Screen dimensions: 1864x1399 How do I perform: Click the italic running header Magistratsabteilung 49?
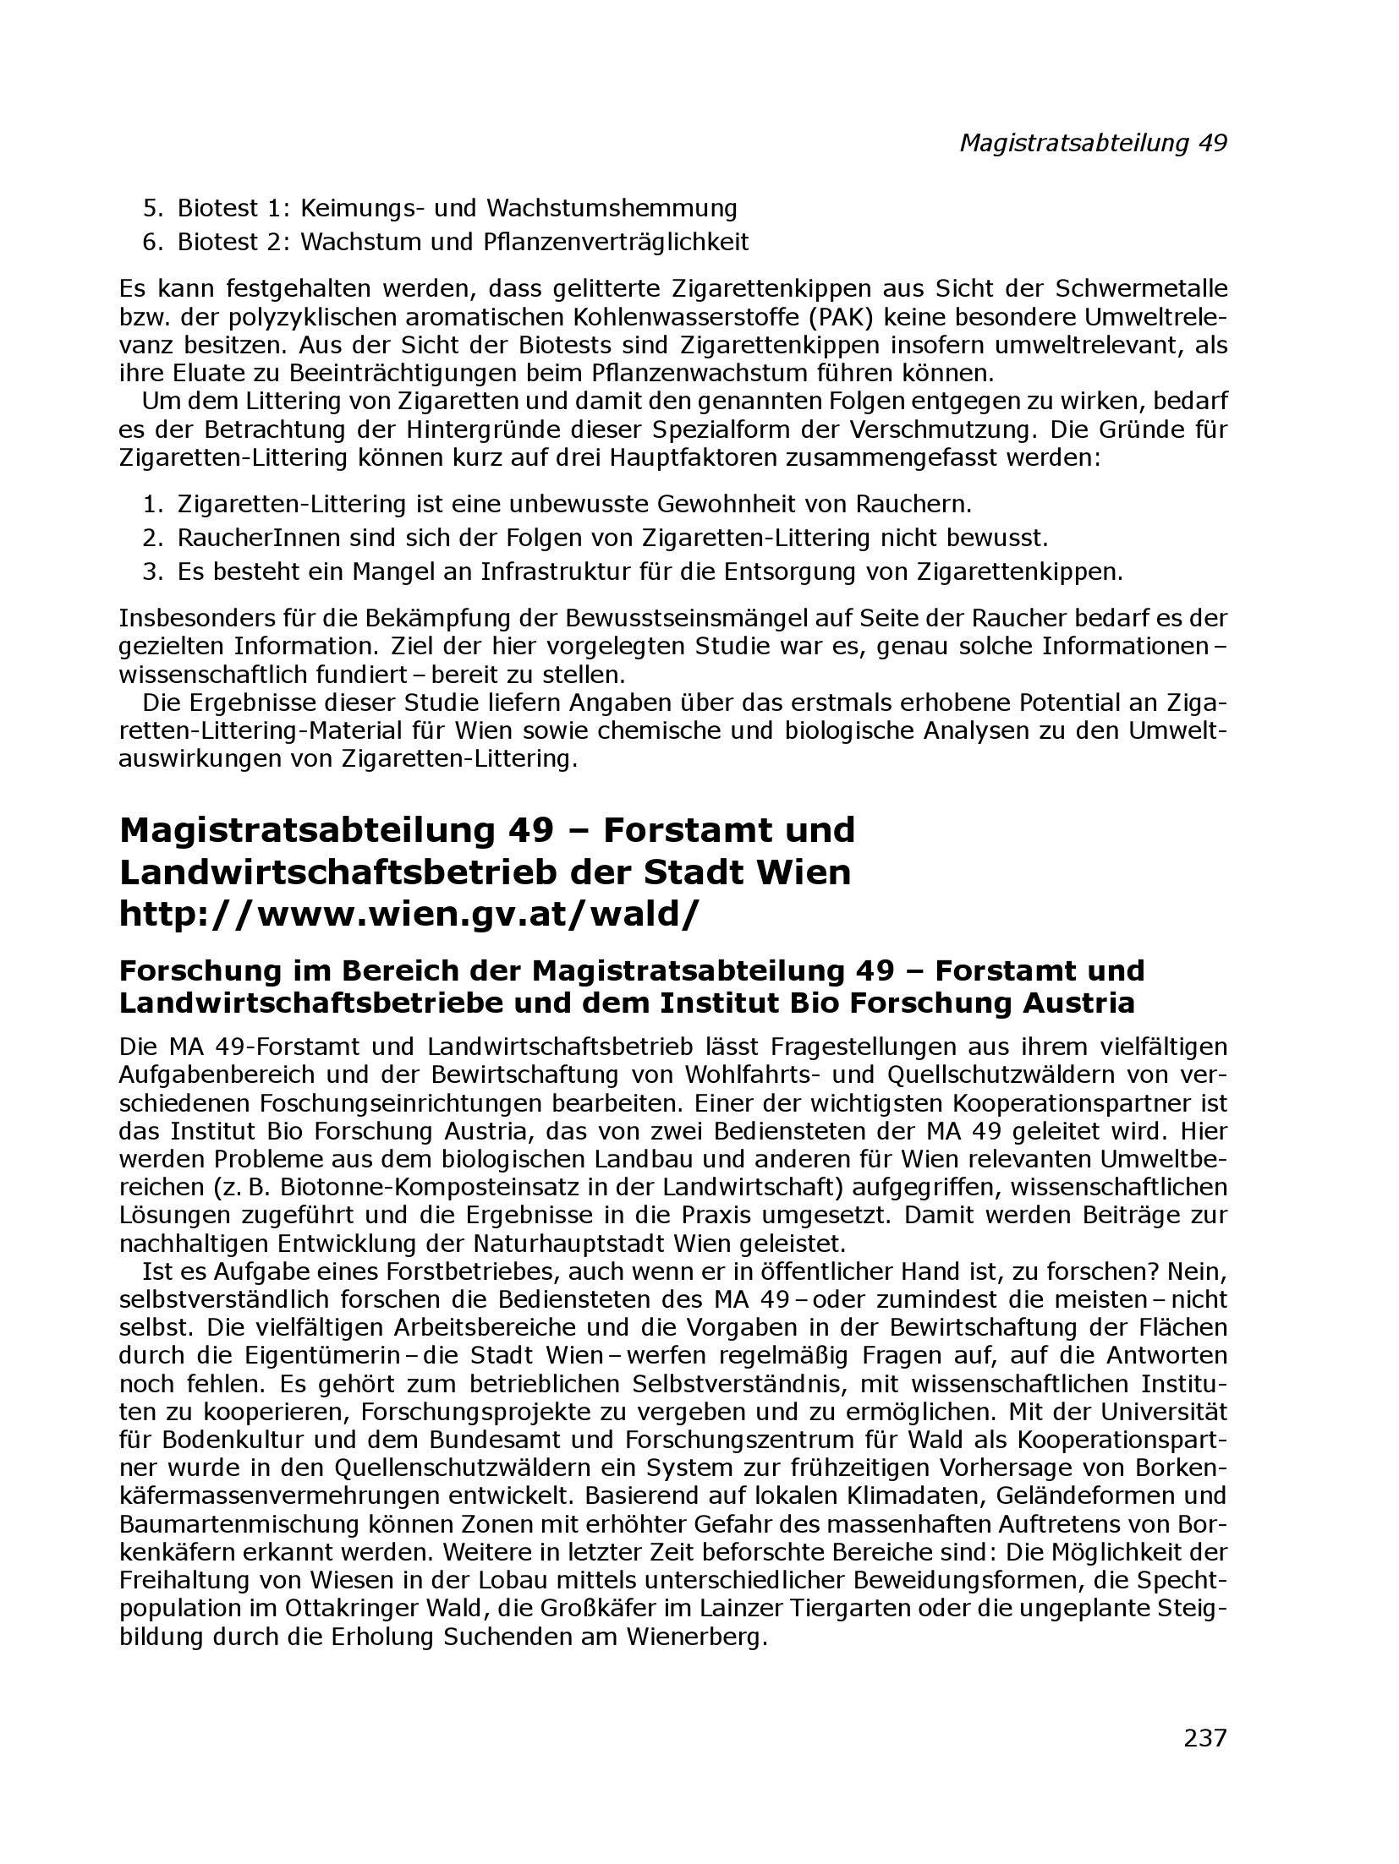point(1092,143)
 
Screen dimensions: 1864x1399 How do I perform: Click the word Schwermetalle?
point(1141,289)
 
